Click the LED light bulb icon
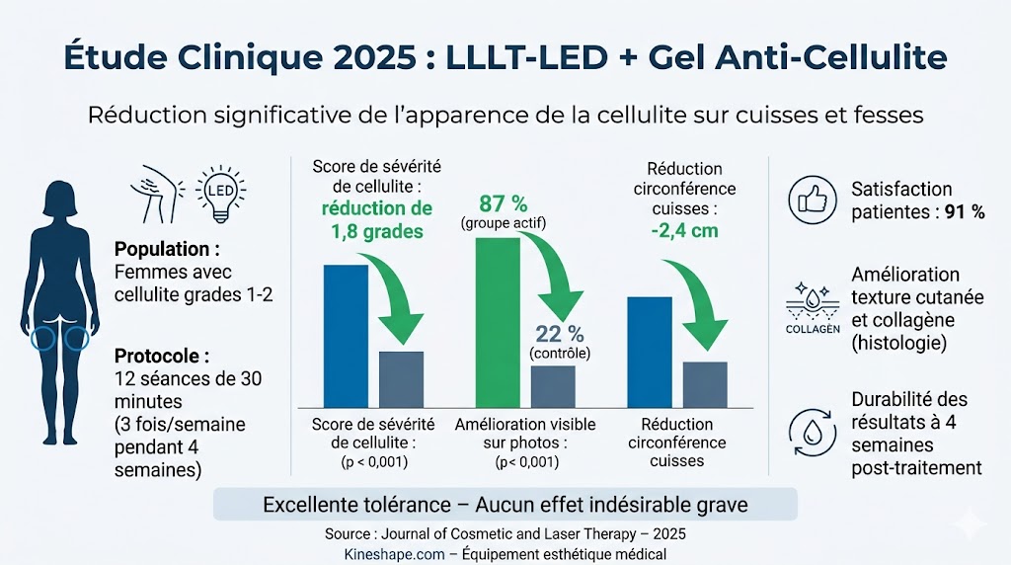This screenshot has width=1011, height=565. click(x=223, y=190)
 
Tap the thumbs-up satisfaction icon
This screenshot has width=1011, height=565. click(x=812, y=201)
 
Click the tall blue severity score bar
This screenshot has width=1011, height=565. click(x=346, y=335)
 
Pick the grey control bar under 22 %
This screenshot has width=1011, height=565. click(x=553, y=386)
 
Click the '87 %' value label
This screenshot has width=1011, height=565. click(x=503, y=203)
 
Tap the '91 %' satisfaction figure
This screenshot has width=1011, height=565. click(x=965, y=212)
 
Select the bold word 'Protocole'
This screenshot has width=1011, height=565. click(x=160, y=355)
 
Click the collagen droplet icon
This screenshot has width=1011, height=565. click(x=812, y=300)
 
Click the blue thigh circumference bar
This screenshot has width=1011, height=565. click(x=650, y=352)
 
